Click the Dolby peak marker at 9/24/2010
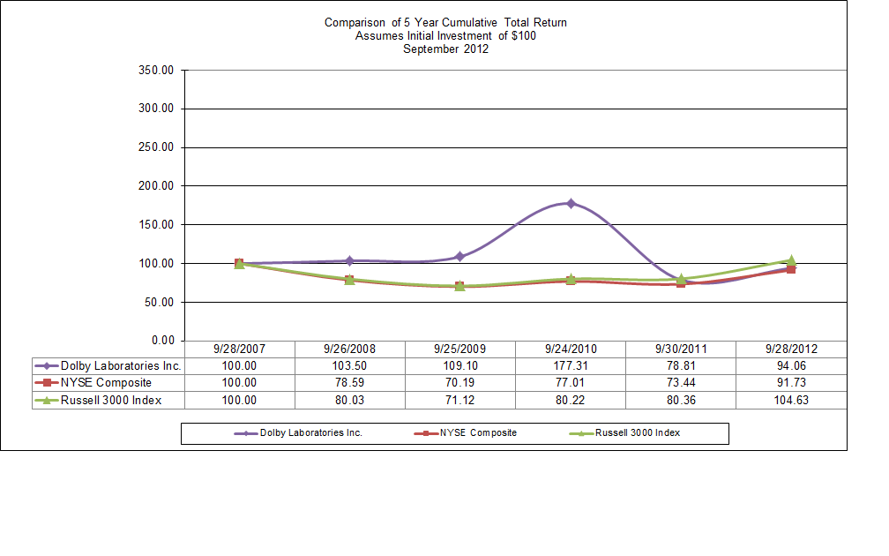571,204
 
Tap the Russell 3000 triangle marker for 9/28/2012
791,260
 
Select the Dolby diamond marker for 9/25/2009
459,257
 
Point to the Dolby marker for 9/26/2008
349,261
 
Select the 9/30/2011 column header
681,349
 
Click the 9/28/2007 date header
239,349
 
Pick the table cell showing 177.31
571,365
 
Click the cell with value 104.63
791,400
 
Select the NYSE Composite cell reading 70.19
459,382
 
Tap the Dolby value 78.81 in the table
681,365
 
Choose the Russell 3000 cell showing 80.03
349,400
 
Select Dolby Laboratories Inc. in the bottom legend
310,433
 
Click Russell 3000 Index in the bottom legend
637,433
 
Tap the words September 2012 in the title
445,49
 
